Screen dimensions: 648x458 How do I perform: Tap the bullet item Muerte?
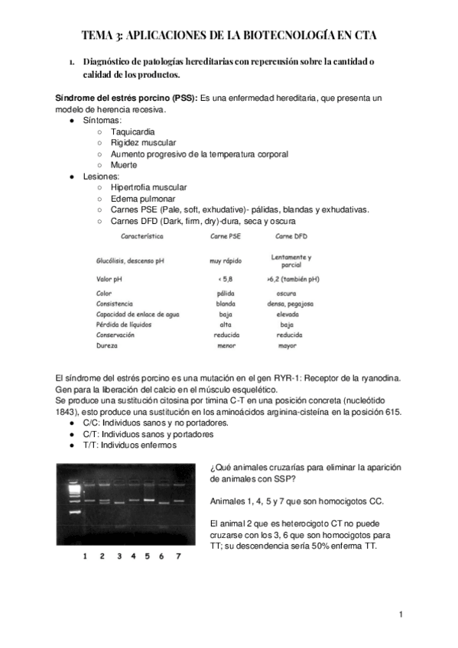pos(124,165)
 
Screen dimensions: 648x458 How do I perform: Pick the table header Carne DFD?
pos(290,236)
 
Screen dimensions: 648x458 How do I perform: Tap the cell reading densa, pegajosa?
pos(291,303)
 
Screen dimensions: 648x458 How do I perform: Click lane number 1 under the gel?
pos(85,557)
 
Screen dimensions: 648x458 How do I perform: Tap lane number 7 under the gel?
pos(177,557)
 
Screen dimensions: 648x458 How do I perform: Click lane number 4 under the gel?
pos(134,557)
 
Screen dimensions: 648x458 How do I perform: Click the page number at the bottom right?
pos(400,614)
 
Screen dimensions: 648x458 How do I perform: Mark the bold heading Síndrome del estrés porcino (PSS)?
pos(125,99)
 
